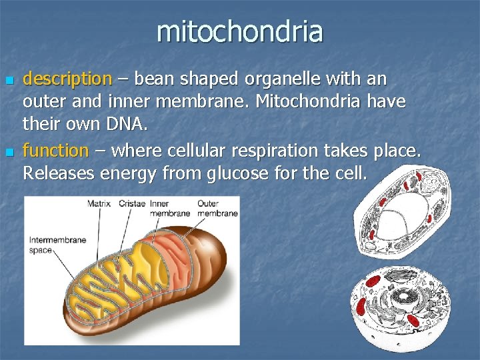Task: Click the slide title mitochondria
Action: [x=240, y=31]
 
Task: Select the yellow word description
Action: [x=67, y=79]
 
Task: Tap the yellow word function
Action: [x=55, y=151]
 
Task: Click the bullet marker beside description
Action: [x=9, y=80]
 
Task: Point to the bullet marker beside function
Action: [x=9, y=152]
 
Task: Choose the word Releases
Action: [x=58, y=174]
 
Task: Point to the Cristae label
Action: [x=131, y=204]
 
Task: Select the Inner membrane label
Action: [x=169, y=209]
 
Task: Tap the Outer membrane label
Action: [x=217, y=209]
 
